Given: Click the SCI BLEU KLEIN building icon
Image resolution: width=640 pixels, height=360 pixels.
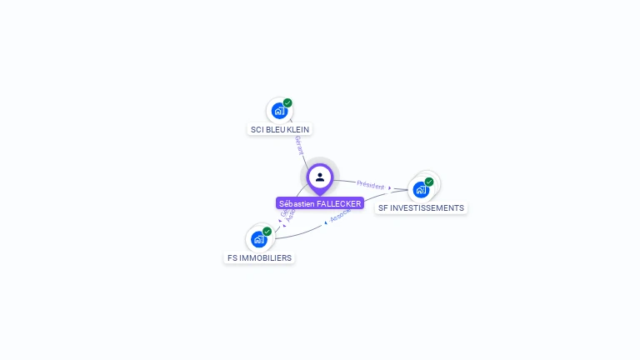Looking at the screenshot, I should pos(279,110).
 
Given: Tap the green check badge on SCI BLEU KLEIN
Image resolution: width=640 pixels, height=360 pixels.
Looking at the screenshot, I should pos(287,103).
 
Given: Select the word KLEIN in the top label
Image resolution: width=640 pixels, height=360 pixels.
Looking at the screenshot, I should pos(297,130).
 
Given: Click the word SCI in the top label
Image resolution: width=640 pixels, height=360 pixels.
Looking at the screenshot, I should pos(257,130).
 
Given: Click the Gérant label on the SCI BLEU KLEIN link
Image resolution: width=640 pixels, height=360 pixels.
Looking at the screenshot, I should pos(298,145).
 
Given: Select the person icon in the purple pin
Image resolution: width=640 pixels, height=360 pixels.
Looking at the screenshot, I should pos(320,177).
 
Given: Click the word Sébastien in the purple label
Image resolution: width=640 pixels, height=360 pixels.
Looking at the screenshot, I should pos(297,203).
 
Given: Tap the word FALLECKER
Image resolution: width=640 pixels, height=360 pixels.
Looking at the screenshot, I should pos(339,203).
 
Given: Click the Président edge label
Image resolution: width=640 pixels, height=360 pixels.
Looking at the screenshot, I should pos(370,185).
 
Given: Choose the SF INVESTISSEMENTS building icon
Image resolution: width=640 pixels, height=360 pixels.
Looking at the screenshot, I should pos(421,189).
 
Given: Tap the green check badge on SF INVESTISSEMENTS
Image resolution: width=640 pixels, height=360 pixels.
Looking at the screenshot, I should pos(429,182).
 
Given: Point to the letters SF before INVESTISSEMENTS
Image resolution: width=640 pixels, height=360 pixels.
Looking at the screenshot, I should pos(383,208).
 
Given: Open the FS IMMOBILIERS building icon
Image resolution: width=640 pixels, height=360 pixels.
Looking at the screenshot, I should pos(258,239).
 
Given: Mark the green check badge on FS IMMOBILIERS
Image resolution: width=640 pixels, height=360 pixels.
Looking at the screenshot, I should pos(267,232).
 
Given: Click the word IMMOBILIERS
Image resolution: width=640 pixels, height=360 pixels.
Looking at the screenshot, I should pos(266,258).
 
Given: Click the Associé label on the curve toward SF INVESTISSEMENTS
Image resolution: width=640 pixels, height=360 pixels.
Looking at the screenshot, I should pos(340,216).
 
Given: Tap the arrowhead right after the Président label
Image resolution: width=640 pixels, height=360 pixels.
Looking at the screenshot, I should pos(389,188).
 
